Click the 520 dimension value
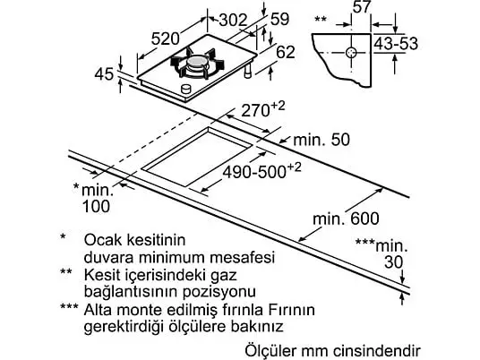pos(166,39)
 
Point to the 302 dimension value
pos(234,21)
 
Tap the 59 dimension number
pos(279,19)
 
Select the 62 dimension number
pos(286,52)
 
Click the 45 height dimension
pos(104,74)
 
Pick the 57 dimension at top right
pos(362,7)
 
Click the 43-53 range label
pos(396,44)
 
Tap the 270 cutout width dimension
pos(263,109)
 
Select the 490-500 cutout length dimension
pos(262,170)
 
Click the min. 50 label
pos(321,140)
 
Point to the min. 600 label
pos(346,219)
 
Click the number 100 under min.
pos(96,206)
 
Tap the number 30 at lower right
pos(394,262)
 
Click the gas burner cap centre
pos(197,62)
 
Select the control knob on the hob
pos(185,89)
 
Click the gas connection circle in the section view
pos(351,53)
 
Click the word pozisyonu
pos(219,291)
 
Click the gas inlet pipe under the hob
pos(247,71)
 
